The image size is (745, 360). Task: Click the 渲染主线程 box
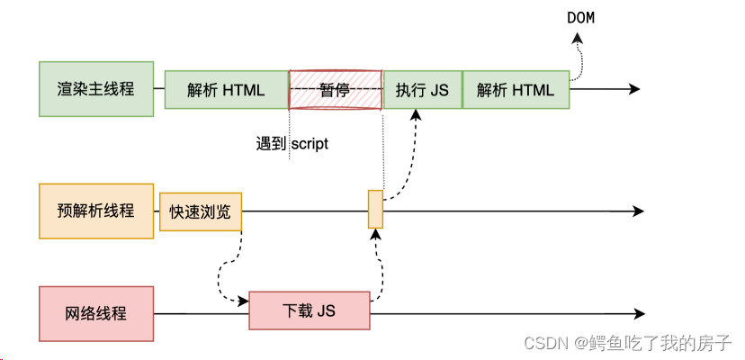coord(96,89)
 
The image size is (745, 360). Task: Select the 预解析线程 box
coord(96,211)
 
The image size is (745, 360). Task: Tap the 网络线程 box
coord(96,314)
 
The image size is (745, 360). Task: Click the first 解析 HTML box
coord(226,89)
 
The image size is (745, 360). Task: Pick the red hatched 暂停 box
coord(335,89)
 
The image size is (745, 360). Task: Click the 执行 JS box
coord(422,89)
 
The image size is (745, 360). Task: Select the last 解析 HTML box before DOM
coord(516,89)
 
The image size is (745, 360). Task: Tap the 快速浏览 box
coord(201,211)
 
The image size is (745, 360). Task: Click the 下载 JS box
coord(310,311)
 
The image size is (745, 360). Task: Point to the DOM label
coord(581,18)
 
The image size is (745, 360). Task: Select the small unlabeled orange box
coord(375,209)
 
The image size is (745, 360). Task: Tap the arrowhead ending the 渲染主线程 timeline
coord(635,89)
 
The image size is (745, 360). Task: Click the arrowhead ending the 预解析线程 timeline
coord(639,211)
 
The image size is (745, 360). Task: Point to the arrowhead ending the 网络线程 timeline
coord(639,314)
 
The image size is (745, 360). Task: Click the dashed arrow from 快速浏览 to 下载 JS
coord(223,274)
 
